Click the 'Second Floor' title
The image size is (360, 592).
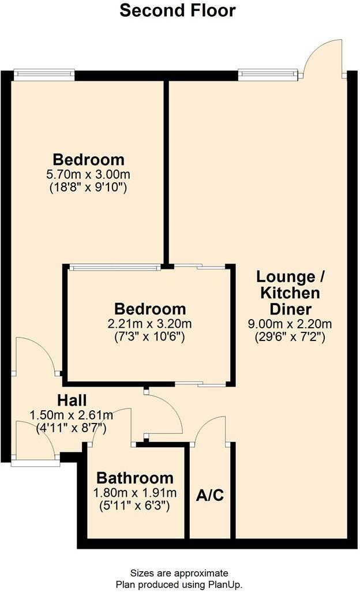point(178,11)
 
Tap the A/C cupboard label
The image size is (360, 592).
point(210,495)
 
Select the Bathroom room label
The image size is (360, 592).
point(135,478)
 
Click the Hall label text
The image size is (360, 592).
point(72,400)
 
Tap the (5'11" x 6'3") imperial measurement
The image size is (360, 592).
point(135,507)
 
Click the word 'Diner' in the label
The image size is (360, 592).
point(292,308)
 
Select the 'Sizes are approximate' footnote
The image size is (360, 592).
point(179,573)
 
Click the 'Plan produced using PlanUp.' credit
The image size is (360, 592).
point(179,584)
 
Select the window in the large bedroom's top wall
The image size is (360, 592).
point(44,73)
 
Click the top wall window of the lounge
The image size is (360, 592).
point(269,73)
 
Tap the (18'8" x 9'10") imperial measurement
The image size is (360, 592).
point(89,187)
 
